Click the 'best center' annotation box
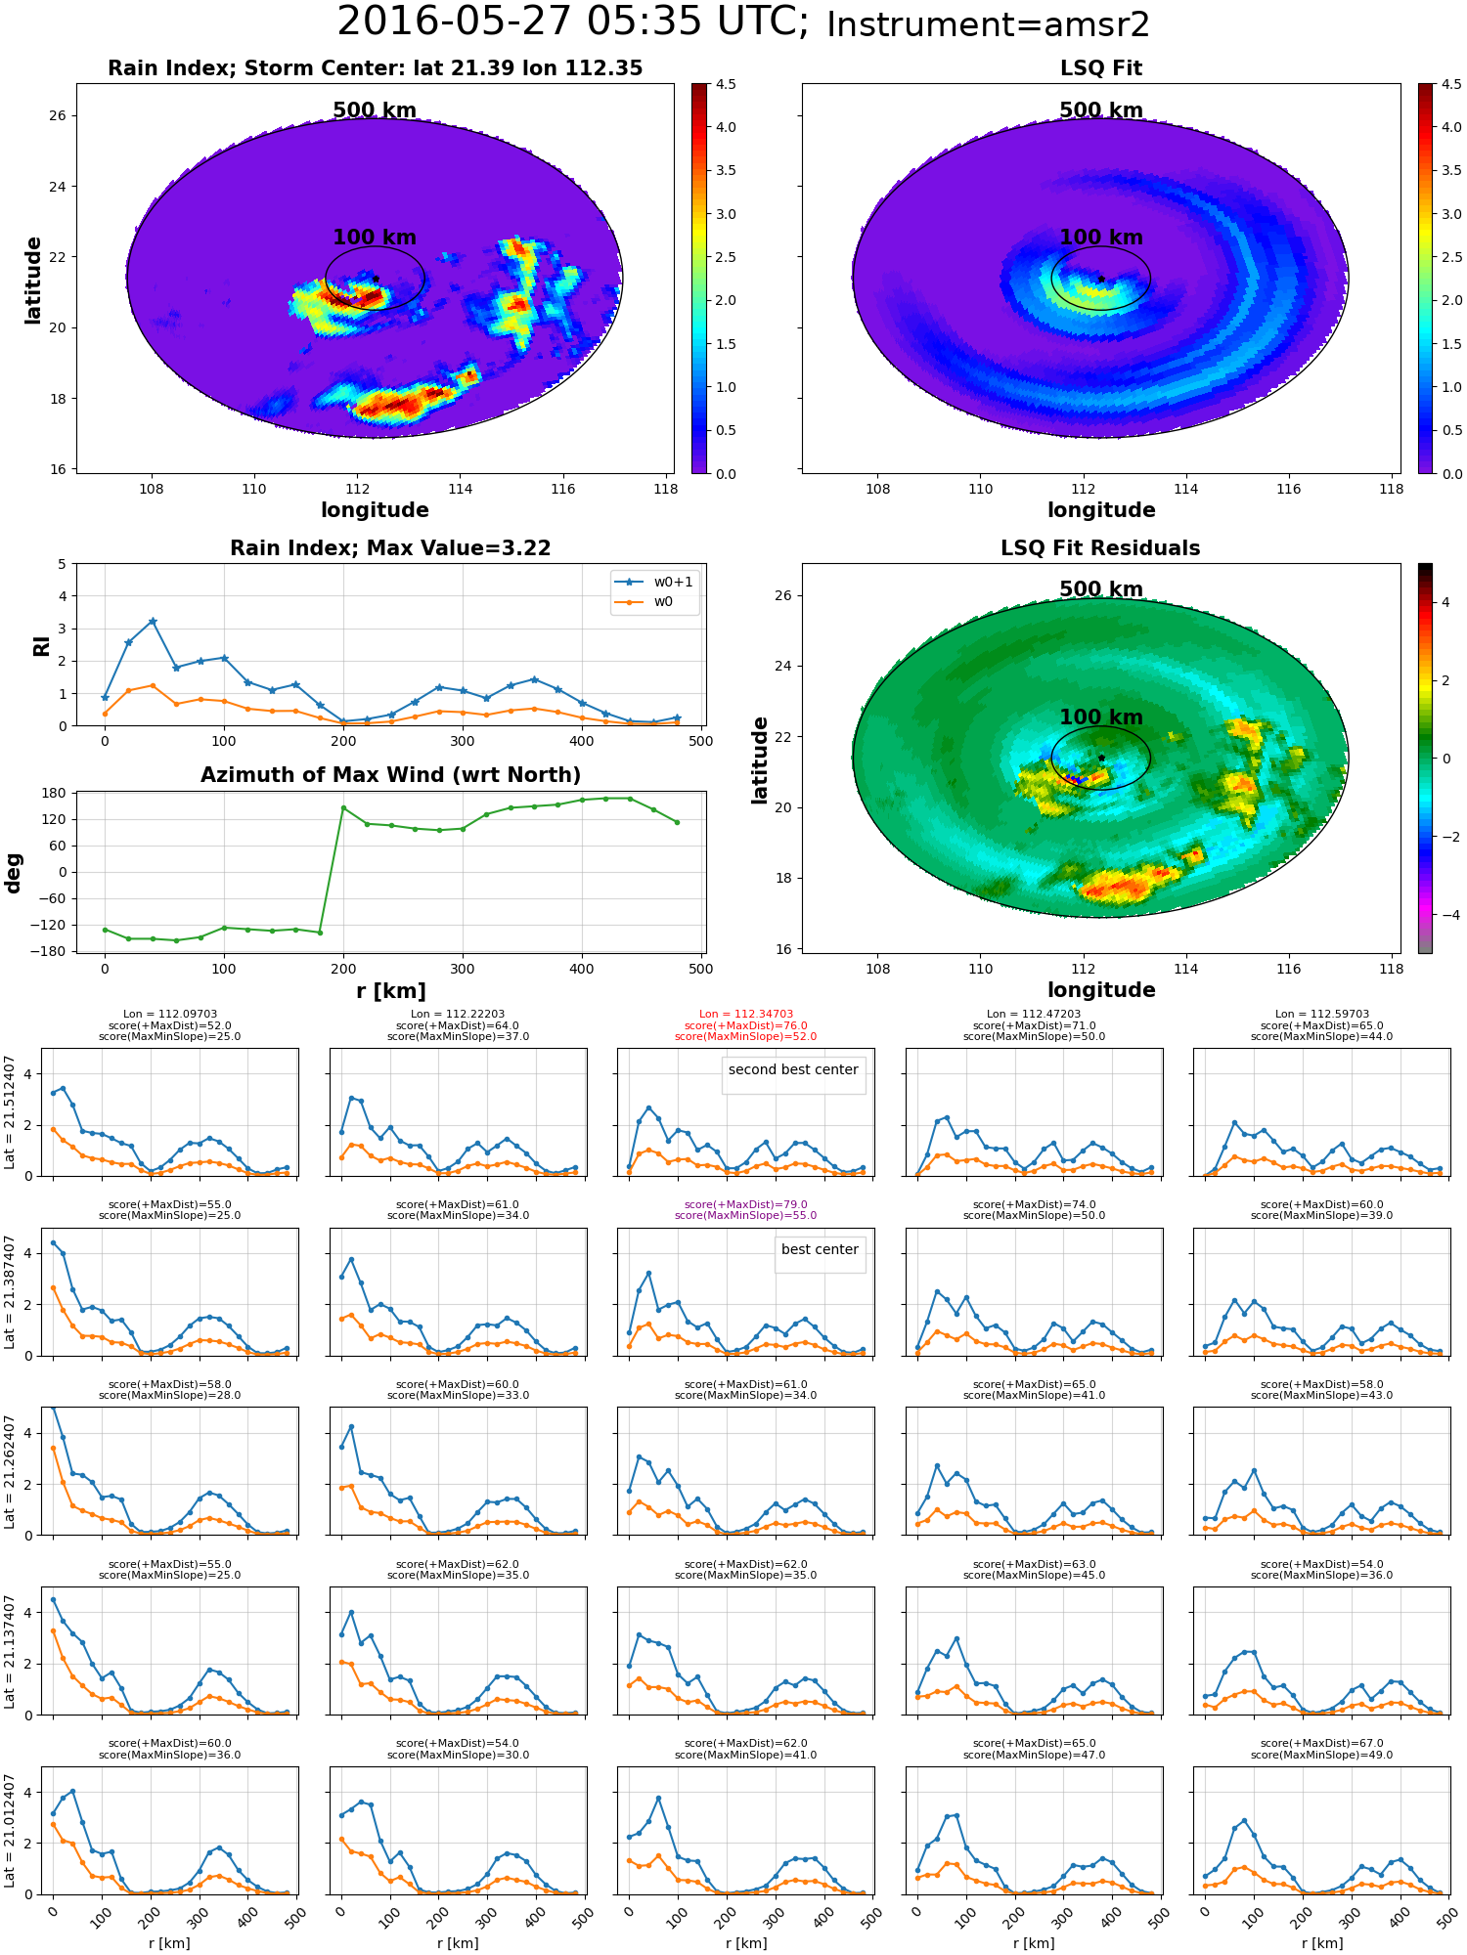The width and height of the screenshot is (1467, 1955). [x=820, y=1250]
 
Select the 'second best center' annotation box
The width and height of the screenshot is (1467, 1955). [x=793, y=1070]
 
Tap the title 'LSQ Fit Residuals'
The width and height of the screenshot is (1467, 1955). [x=1100, y=548]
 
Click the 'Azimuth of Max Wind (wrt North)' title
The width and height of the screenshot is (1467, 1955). [x=390, y=775]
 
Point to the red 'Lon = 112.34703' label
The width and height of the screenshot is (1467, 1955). [x=745, y=1015]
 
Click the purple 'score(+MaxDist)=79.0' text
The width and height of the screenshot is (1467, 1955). [x=745, y=1205]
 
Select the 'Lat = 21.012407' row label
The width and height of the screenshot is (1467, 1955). [x=10, y=1831]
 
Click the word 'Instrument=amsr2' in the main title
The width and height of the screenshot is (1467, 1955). [x=988, y=24]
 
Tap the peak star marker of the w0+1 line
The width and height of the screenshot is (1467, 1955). [x=153, y=621]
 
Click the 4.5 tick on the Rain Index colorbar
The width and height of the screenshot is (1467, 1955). [x=726, y=85]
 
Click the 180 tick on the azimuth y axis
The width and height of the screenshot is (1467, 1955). [x=55, y=793]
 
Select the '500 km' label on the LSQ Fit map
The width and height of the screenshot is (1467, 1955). [x=1101, y=110]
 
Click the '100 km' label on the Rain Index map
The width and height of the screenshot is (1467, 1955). [x=375, y=238]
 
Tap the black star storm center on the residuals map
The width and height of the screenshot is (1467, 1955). [x=1101, y=758]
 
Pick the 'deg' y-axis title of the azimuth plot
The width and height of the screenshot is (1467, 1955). [x=14, y=872]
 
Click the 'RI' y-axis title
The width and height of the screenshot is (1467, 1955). [x=41, y=646]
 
